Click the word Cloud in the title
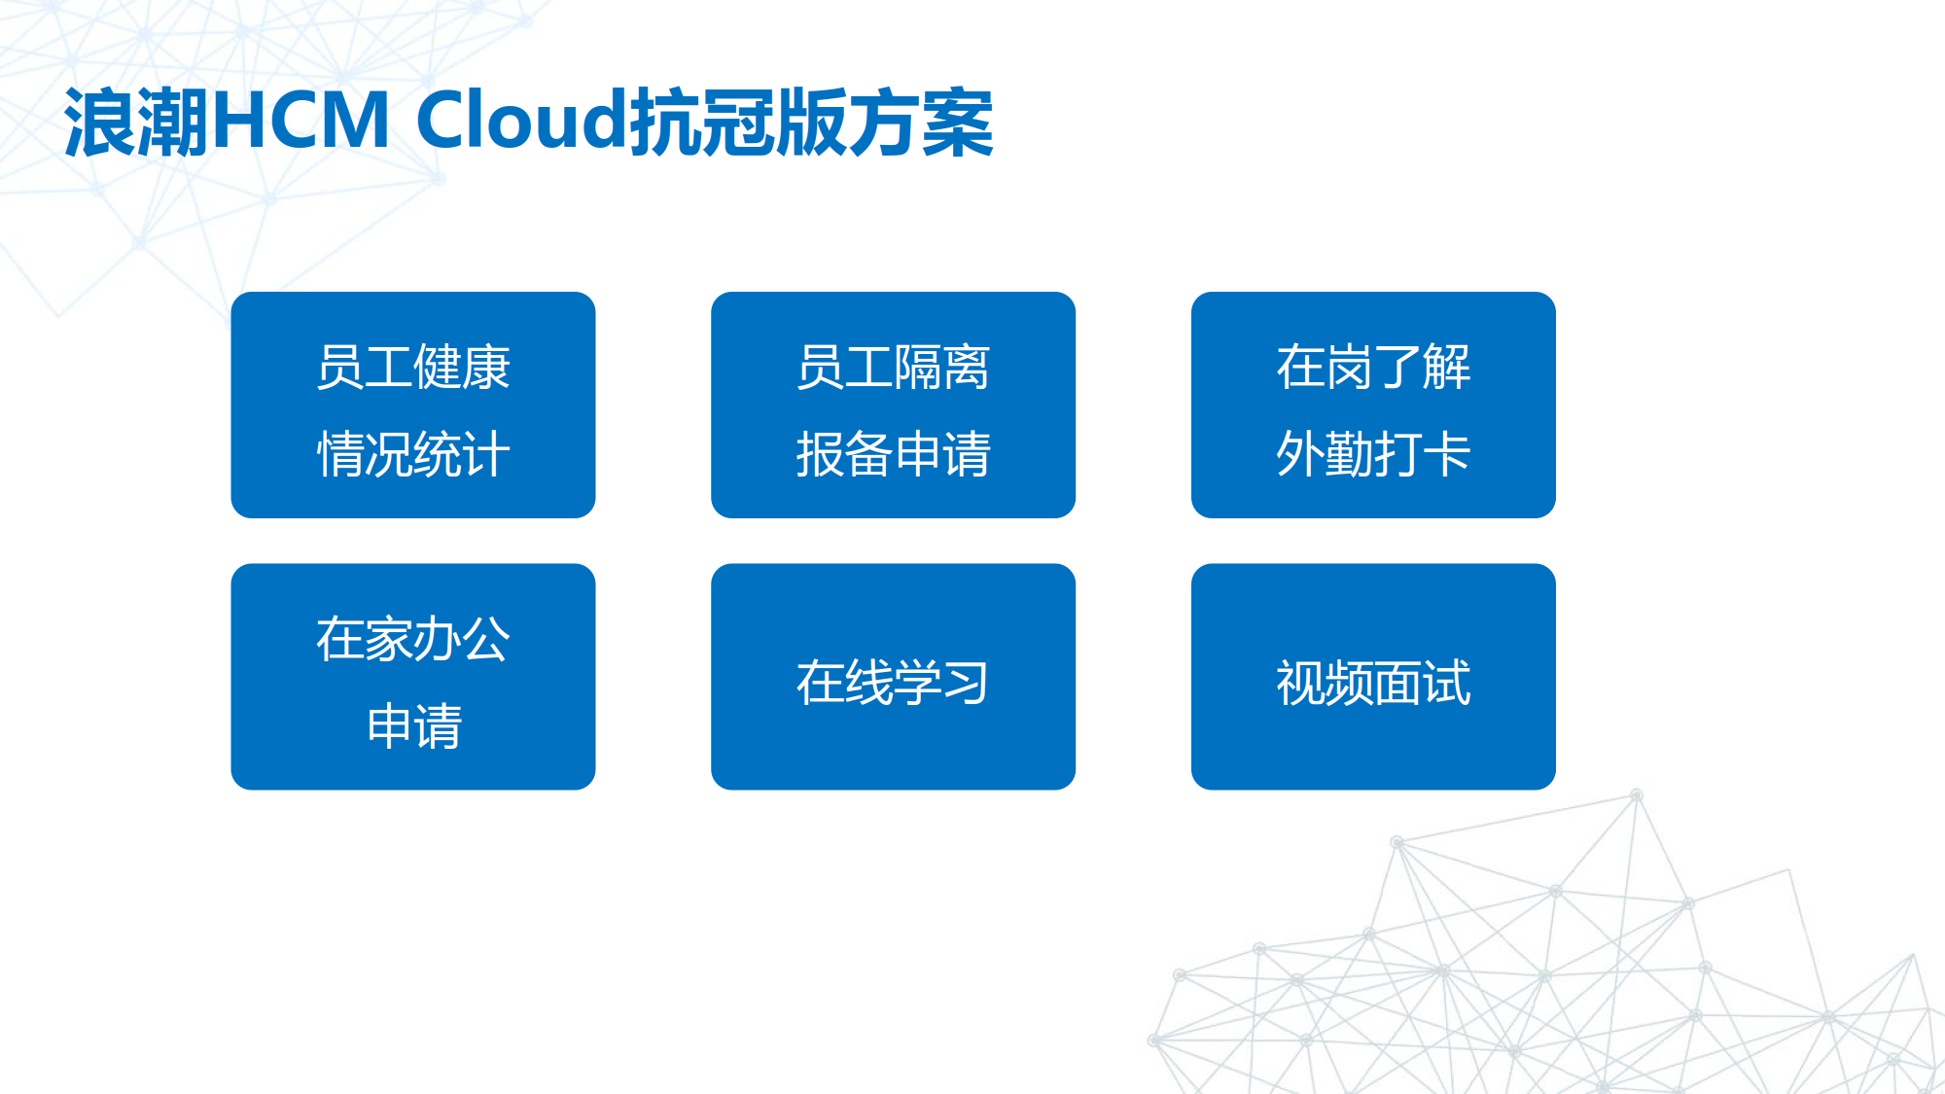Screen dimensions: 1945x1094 522,121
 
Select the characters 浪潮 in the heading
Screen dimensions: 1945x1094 137,123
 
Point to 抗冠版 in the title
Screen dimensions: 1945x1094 739,123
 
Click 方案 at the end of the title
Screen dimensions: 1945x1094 922,123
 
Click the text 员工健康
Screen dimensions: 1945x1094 413,368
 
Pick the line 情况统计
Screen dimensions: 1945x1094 413,454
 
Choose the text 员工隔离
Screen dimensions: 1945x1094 893,368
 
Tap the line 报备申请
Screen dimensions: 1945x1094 893,454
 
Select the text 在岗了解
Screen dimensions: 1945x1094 1373,368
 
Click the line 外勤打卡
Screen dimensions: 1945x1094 1373,454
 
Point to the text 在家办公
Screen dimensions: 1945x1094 413,639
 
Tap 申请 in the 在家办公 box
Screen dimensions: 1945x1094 413,726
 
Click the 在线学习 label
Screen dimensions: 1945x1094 893,683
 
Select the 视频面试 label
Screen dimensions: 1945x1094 1373,683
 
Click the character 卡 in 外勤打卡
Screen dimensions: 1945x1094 1447,454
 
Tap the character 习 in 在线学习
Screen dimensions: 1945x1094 967,683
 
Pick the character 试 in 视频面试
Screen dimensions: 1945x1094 1447,683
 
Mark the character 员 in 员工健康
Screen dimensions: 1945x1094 340,368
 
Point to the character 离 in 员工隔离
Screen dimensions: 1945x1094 967,368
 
